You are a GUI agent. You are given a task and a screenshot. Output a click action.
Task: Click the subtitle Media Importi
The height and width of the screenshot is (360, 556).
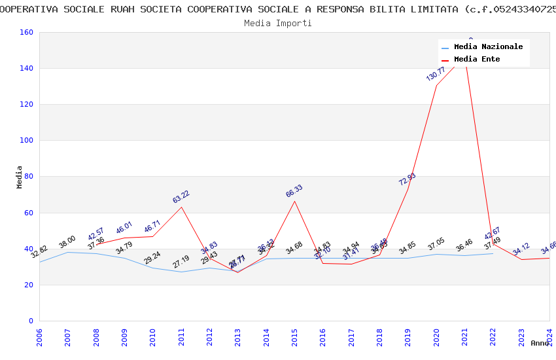coord(278,23)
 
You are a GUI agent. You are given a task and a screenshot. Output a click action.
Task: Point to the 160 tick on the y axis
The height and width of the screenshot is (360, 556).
coord(27,32)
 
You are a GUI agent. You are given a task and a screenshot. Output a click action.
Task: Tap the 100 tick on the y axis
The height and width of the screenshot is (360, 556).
coord(27,141)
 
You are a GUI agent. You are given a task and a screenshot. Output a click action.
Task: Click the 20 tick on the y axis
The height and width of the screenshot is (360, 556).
coord(29,285)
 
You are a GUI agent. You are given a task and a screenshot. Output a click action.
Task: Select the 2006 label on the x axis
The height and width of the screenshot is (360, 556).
coord(39,337)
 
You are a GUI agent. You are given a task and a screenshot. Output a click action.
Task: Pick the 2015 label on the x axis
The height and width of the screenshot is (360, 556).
coord(294,337)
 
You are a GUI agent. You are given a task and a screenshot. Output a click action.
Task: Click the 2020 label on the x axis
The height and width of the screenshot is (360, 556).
coord(436,337)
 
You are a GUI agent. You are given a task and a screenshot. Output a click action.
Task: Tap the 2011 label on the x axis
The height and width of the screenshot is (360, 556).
coord(181,337)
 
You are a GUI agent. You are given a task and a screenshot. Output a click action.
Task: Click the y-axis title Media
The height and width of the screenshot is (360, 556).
coord(20,177)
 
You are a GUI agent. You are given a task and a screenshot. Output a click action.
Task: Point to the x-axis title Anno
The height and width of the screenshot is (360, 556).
coord(540,343)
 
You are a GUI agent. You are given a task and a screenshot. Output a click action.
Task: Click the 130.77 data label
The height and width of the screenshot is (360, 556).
coord(436,73)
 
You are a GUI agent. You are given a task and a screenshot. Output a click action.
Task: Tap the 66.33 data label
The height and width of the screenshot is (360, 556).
coord(294,191)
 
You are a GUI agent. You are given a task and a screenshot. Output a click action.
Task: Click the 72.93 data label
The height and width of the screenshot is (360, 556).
coord(408,179)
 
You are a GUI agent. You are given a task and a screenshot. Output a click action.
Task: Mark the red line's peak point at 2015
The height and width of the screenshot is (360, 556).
coord(294,201)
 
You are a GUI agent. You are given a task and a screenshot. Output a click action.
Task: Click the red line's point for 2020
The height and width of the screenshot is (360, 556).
coord(436,85)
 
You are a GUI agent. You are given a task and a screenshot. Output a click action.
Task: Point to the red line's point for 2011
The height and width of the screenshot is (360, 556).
coord(181,207)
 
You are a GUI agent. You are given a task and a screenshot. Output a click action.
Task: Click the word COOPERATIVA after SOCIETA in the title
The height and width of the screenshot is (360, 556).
coord(217,9)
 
